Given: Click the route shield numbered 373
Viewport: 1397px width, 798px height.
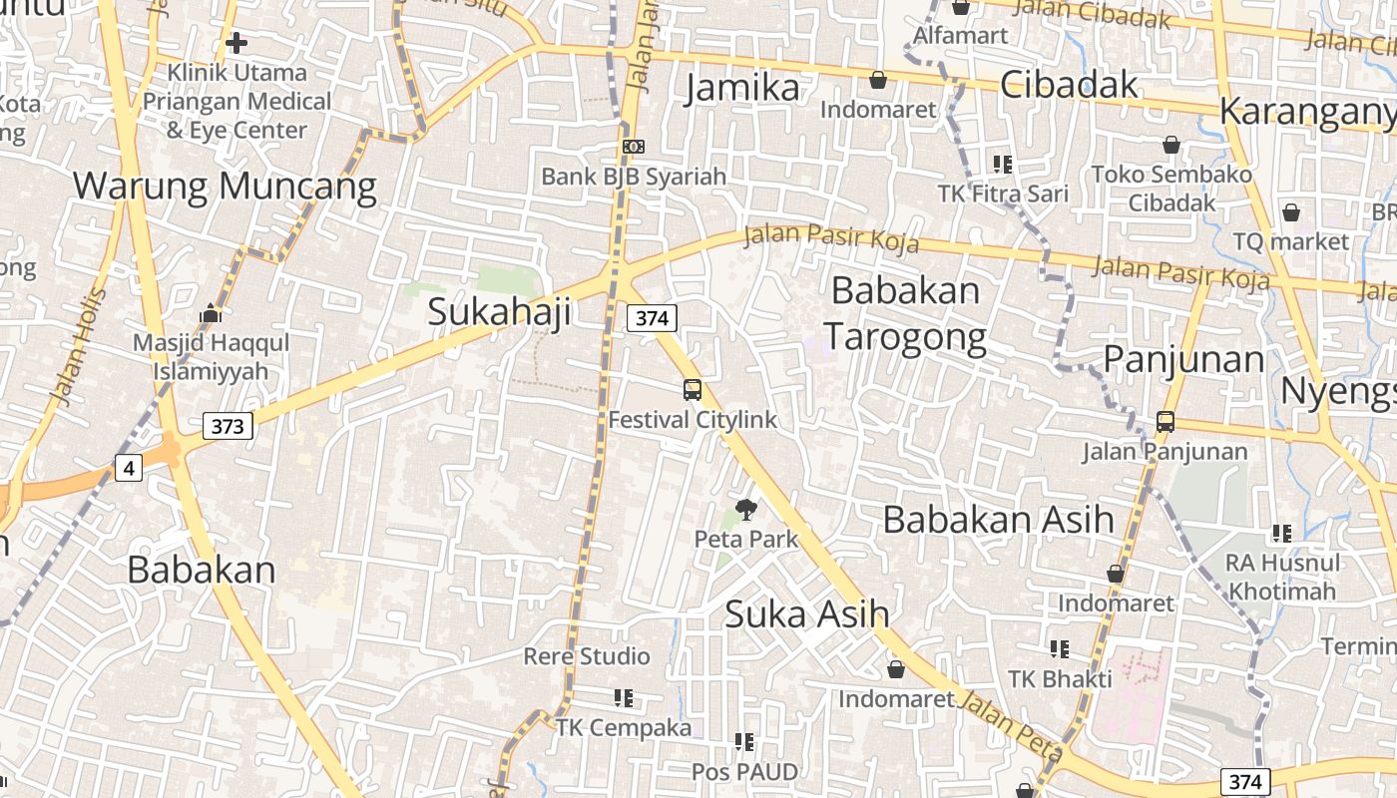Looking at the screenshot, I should [228, 427].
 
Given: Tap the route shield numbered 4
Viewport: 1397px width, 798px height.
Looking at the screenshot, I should [128, 467].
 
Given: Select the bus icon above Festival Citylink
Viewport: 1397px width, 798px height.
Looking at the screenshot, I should [692, 390].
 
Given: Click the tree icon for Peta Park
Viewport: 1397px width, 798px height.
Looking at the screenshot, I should [745, 511].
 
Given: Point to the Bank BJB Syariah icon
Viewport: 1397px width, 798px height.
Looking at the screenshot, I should [633, 147].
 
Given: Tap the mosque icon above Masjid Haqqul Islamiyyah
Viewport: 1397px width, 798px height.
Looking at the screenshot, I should [210, 313].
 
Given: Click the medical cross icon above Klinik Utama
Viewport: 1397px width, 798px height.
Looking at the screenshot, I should [236, 43].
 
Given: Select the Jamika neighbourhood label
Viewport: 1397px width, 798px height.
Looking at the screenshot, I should [742, 88].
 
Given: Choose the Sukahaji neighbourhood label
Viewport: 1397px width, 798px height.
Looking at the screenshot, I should [499, 312].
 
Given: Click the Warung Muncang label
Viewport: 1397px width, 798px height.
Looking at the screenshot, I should [225, 186].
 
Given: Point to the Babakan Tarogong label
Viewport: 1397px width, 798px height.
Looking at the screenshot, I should [906, 314].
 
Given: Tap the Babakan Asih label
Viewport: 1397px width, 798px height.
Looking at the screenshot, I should [998, 520].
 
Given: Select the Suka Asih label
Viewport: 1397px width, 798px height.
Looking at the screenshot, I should [806, 613].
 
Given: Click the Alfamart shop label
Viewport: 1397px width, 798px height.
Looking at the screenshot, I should [961, 35].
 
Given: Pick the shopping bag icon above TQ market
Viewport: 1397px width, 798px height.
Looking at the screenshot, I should [1290, 212].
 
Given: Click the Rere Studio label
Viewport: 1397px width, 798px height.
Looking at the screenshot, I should [587, 656].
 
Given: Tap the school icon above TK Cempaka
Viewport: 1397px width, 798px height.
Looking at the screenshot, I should [624, 697].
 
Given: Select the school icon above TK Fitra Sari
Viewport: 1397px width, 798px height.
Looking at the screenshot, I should [1002, 164].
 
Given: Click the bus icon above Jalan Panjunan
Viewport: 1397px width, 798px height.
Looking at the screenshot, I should [1164, 421].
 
